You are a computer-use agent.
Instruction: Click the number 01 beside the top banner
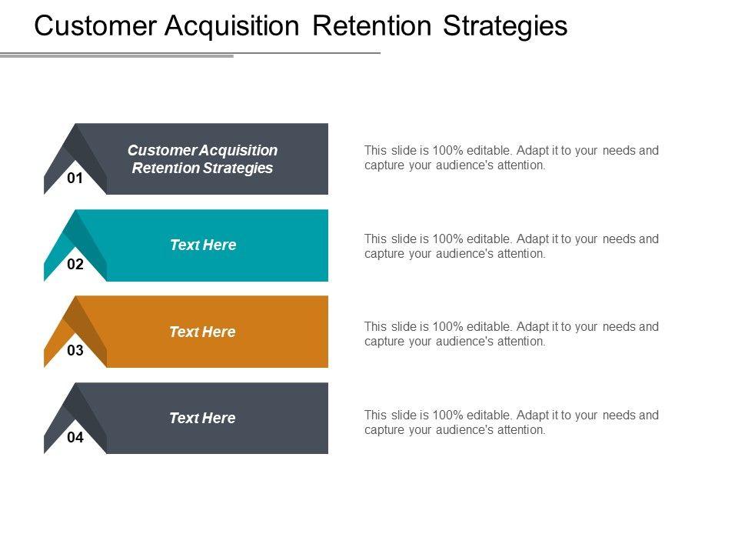click(x=75, y=179)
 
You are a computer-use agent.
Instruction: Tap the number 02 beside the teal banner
click(x=75, y=265)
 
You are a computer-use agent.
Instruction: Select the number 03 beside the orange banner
click(x=75, y=352)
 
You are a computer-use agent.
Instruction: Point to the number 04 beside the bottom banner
click(x=75, y=438)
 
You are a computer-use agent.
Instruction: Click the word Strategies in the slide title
click(x=507, y=26)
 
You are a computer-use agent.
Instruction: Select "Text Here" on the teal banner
click(x=203, y=245)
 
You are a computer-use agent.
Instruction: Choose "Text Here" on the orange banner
click(x=203, y=332)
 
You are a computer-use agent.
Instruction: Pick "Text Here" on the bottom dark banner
click(x=203, y=419)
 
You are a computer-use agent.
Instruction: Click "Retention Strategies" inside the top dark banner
click(x=203, y=169)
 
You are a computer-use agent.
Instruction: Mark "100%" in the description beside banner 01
click(x=448, y=151)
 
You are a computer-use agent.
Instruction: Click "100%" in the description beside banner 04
click(x=448, y=415)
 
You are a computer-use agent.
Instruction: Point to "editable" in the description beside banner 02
click(x=492, y=239)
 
